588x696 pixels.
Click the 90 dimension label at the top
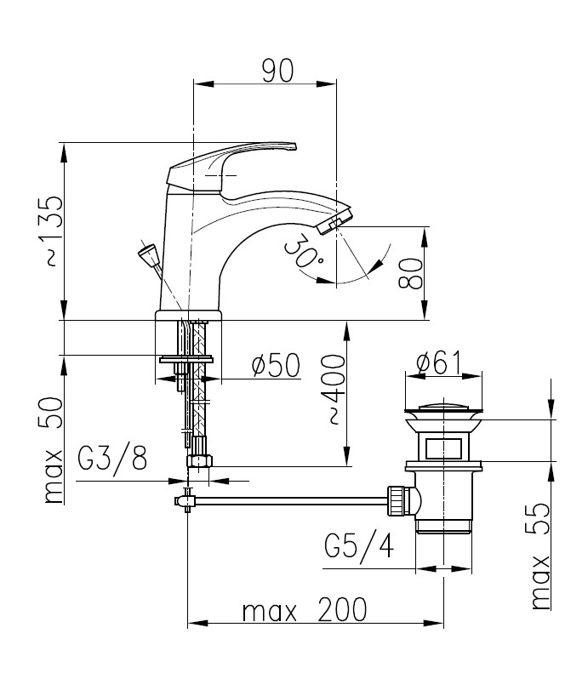277,71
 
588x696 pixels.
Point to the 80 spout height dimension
410,273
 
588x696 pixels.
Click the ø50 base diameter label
276,365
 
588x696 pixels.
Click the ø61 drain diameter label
438,362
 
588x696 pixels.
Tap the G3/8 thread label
112,458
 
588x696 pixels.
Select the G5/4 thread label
359,545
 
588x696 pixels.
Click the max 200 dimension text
305,609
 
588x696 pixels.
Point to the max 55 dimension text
540,556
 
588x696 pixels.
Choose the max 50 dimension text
53,450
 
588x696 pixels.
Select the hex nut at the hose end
200,461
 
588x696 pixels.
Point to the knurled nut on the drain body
397,500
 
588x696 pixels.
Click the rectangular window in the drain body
442,448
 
